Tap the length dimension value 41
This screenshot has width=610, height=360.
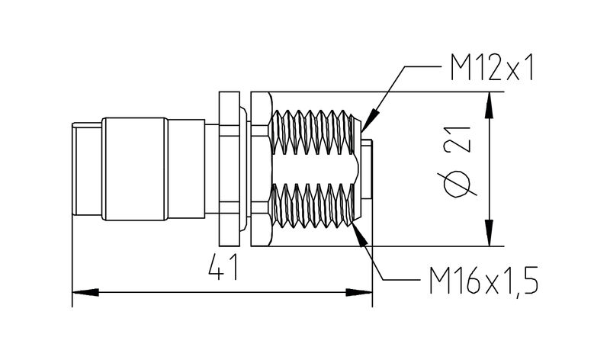coord(221,268)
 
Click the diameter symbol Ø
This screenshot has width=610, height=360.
coord(455,185)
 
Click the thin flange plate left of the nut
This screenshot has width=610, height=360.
coord(228,170)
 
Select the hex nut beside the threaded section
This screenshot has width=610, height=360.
coord(258,170)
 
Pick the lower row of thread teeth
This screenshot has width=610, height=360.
coord(314,206)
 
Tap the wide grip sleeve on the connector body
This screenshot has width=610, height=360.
coord(134,169)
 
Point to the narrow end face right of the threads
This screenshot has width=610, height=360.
coord(367,169)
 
